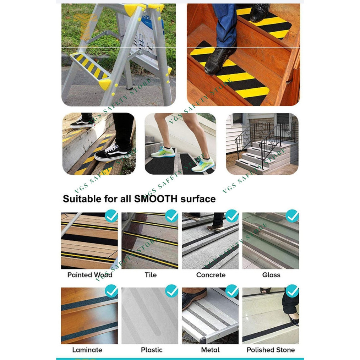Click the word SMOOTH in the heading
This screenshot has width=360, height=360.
coord(156,198)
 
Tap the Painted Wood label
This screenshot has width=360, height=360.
coord(89,275)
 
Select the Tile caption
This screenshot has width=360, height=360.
coord(151,275)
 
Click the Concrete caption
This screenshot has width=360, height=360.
coord(211,275)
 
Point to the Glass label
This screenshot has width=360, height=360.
coord(271,275)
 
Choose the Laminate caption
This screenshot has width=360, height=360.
coord(87,350)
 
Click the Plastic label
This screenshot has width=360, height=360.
coord(152,350)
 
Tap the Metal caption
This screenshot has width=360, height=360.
coord(210,350)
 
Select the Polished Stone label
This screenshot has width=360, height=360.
coord(271,350)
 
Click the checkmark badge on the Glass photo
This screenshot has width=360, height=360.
coord(292,216)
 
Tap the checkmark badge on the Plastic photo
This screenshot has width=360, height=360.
coord(171,291)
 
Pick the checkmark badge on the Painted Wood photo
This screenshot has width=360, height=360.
coord(111,216)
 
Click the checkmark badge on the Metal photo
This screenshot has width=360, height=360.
coord(232,291)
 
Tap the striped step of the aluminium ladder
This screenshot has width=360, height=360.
coord(89,66)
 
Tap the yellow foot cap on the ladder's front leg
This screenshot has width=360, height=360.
coord(105,84)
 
